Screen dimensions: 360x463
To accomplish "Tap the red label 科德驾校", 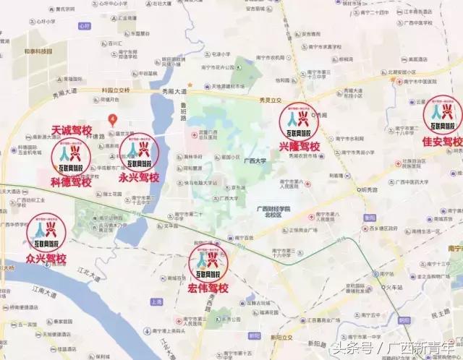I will point(70,182).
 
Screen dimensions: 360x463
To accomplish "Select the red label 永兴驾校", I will point(140,176).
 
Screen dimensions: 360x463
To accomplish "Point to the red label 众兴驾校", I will point(46,258).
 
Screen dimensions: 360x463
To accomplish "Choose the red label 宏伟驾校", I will point(208,289).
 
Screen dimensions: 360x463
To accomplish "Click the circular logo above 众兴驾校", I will point(46,233).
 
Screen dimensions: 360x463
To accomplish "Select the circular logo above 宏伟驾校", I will point(208,262).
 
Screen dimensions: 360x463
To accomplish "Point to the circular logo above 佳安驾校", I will point(443,114).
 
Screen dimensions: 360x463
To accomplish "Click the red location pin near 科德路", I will point(112,118).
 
